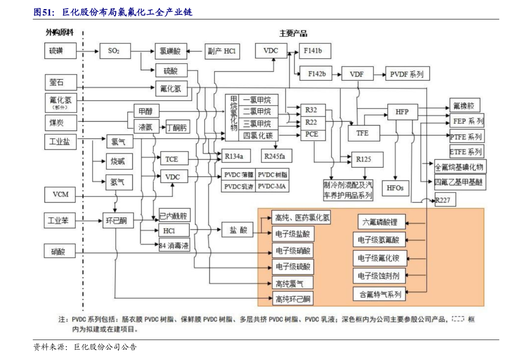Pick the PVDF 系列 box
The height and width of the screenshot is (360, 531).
tap(407, 74)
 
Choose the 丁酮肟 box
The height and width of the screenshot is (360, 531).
tap(177, 128)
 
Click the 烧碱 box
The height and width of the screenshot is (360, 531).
tap(118, 161)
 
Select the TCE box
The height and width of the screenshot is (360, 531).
tap(172, 159)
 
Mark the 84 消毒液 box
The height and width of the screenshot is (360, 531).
tap(174, 245)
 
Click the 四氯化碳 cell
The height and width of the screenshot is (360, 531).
tap(258, 135)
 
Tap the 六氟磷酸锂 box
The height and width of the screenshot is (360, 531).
tap(380, 221)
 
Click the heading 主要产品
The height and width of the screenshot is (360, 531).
tap(293, 33)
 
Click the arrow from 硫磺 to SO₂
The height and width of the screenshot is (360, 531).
tap(87, 51)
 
